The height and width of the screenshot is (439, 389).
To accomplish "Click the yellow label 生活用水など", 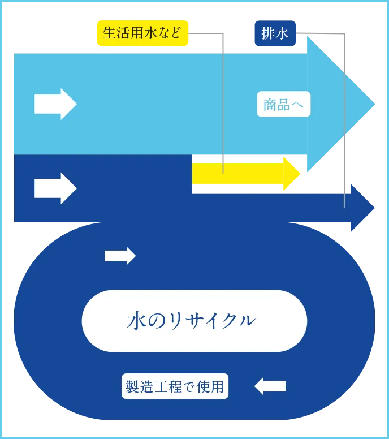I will [142, 33].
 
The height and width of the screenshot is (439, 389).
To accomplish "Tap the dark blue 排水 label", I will [275, 33].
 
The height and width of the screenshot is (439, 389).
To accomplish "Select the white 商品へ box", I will [284, 104].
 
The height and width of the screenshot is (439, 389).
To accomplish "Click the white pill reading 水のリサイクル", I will [194, 321].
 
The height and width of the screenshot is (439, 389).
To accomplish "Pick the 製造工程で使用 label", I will [175, 387].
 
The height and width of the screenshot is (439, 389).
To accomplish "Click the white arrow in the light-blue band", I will [55, 104].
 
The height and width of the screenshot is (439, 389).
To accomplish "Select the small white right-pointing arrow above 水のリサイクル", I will [120, 256].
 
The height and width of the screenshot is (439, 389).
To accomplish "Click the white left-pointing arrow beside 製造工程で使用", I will [270, 386].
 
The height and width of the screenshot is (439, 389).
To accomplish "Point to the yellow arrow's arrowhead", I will [292, 173].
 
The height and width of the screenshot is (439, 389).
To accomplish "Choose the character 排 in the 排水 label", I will [268, 33].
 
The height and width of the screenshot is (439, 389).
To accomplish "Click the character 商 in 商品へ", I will [270, 104].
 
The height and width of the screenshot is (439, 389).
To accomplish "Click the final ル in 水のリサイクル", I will [247, 321].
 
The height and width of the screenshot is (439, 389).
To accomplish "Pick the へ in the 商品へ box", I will [299, 105].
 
